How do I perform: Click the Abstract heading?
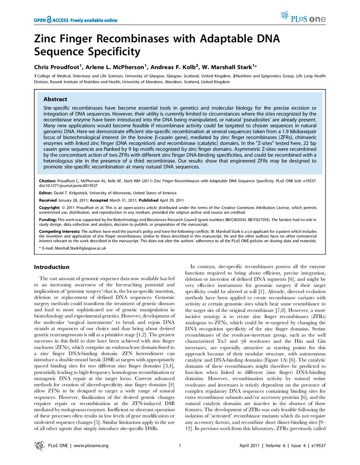point(55,99)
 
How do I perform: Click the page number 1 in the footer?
point(179,446)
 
